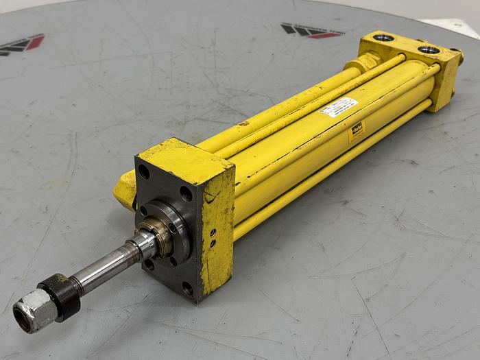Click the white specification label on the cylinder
click(339, 107)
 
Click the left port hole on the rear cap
click(384, 38)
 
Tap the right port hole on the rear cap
click(429, 49)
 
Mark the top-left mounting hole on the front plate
click(144, 171)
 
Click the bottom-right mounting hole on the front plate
click(187, 287)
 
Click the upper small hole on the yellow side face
click(212, 233)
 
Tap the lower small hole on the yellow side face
click(212, 244)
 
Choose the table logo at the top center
click(312, 31)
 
